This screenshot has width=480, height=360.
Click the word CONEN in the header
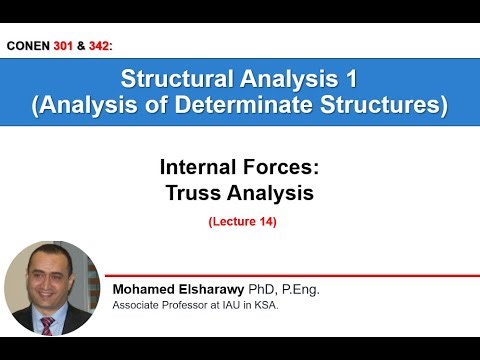(30, 47)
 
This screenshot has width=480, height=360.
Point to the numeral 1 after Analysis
(351, 78)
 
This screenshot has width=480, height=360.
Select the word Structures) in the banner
(392, 104)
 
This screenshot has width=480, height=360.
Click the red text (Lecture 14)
(241, 222)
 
